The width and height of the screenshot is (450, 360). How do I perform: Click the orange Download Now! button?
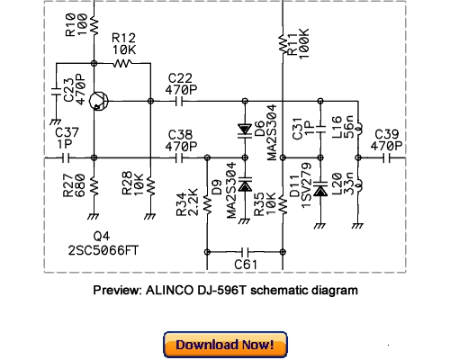(x=225, y=345)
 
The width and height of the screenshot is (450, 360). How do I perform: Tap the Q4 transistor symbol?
(x=99, y=102)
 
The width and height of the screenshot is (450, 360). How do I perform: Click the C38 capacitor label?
(x=181, y=139)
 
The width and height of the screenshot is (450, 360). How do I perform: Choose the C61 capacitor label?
(x=245, y=265)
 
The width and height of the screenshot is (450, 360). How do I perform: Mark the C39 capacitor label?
(x=388, y=139)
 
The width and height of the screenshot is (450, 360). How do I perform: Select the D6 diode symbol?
(x=243, y=129)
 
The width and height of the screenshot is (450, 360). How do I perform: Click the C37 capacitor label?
(x=67, y=139)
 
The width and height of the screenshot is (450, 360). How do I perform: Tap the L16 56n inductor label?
(x=344, y=129)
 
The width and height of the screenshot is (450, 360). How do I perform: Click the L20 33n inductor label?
(x=344, y=188)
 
